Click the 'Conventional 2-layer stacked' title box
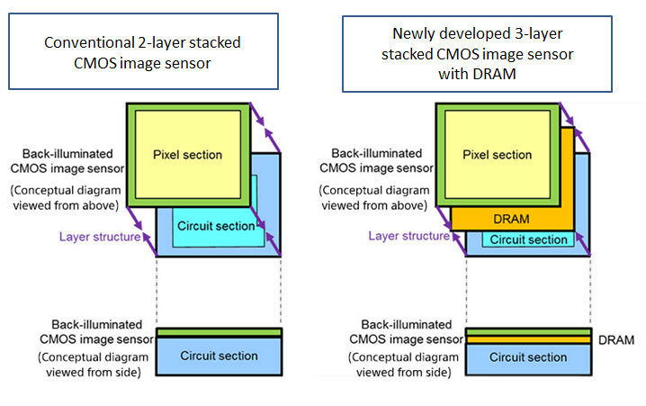point(143,51)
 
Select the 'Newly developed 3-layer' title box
point(477,54)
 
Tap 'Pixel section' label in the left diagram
point(187,155)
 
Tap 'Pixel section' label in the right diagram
point(498,155)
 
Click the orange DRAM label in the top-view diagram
point(511,219)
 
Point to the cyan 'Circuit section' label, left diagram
point(216,226)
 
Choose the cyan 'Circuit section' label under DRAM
point(528,239)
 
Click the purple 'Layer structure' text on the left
point(100,237)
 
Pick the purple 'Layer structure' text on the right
point(409,236)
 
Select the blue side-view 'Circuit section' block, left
point(220,356)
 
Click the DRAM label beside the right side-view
point(616,340)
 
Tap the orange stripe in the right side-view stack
point(528,340)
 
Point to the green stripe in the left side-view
point(220,332)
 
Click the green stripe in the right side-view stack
point(528,332)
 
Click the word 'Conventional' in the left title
point(89,42)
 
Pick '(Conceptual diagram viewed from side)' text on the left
point(94,365)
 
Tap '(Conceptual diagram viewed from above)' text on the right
point(374,198)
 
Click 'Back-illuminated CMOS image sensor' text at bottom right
point(406,332)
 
